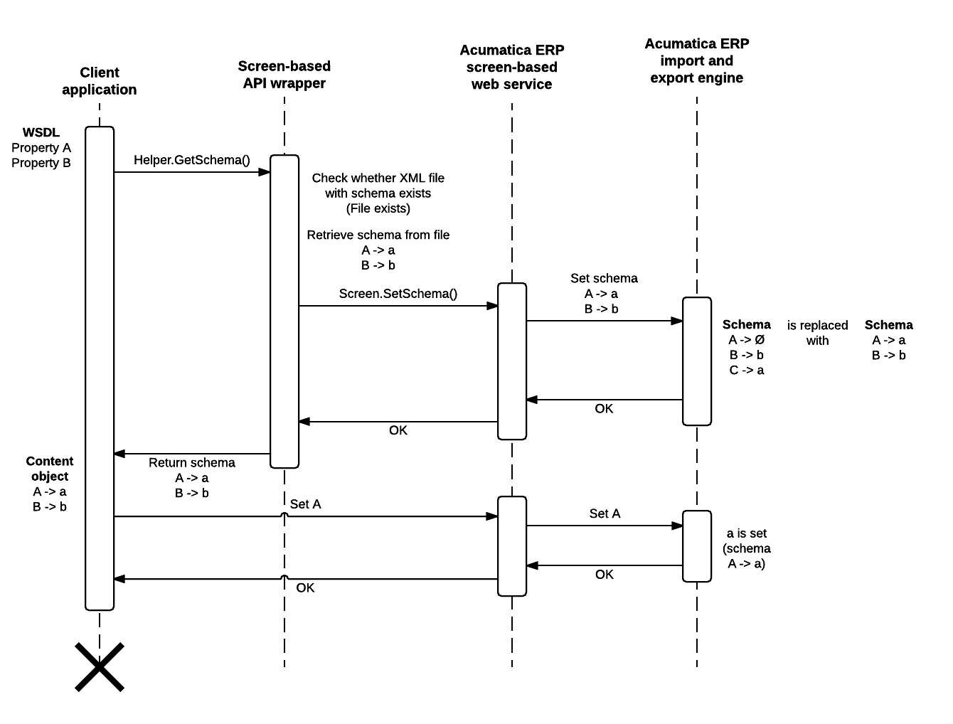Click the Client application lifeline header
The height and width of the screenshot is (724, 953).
[100, 81]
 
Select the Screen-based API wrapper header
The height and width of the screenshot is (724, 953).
[284, 75]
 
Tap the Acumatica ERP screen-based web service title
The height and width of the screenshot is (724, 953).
[512, 67]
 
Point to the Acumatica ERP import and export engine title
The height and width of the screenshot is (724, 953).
[696, 60]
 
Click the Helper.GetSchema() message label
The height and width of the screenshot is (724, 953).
[192, 160]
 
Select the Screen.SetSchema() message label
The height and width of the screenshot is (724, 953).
[398, 294]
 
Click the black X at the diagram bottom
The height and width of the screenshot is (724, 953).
[100, 667]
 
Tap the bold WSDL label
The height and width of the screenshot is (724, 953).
[41, 132]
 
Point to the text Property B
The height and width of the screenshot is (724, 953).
[41, 163]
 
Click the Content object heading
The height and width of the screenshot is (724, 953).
[50, 469]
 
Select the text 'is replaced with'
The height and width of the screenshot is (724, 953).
[817, 333]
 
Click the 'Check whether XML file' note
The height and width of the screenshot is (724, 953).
[378, 179]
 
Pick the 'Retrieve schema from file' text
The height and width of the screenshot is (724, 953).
[378, 235]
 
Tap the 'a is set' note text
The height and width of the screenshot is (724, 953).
[747, 533]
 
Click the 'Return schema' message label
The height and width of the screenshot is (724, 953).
[192, 463]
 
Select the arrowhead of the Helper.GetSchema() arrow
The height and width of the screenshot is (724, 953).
[265, 172]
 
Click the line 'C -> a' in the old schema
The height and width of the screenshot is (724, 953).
[747, 371]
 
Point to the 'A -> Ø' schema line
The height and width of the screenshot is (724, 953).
[747, 340]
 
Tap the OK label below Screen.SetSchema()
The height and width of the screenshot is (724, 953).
[398, 430]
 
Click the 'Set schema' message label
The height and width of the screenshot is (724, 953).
[604, 279]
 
